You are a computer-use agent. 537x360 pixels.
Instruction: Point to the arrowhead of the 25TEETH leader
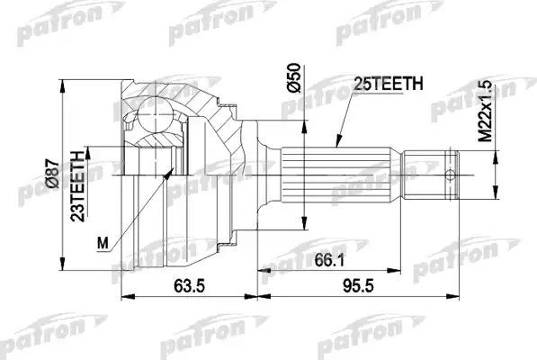pos(336,144)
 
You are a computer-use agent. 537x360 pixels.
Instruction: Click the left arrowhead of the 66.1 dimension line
pos(261,268)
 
